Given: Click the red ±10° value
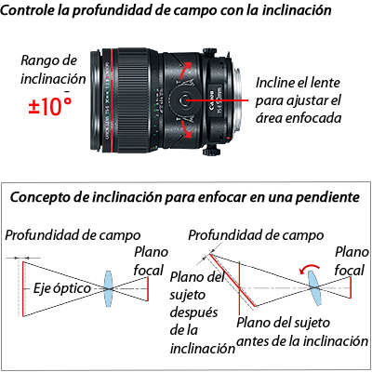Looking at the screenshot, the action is pos(50,106).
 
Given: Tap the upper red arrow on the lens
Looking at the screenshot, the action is pos(185,70).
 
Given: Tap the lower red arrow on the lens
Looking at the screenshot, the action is pos(186,129).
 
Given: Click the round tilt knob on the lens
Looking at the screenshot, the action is pos(184,100).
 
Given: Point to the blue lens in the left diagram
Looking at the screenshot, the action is pos(108,288).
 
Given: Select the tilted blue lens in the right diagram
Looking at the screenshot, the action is pos(314,287).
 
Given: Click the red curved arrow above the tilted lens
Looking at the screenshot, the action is pos(309,269).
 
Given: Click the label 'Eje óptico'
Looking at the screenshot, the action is pos(62,288).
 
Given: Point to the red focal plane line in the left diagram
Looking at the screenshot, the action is pos(148,288).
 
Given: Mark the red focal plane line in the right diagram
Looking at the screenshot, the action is pos(351,287).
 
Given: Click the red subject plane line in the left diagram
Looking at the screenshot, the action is pos(23,289).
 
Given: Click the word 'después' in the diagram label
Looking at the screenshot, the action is pos(193,312).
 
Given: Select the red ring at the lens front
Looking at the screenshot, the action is pos(111,100).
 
